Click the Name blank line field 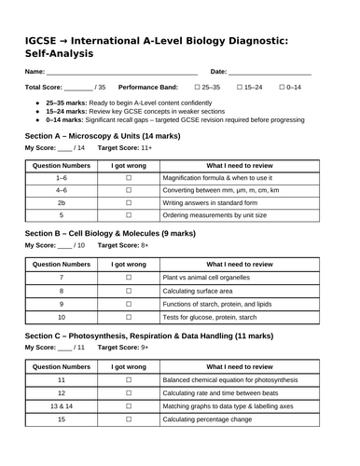tap(121, 72)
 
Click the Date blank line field tap(270, 72)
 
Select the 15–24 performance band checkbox tap(241, 87)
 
